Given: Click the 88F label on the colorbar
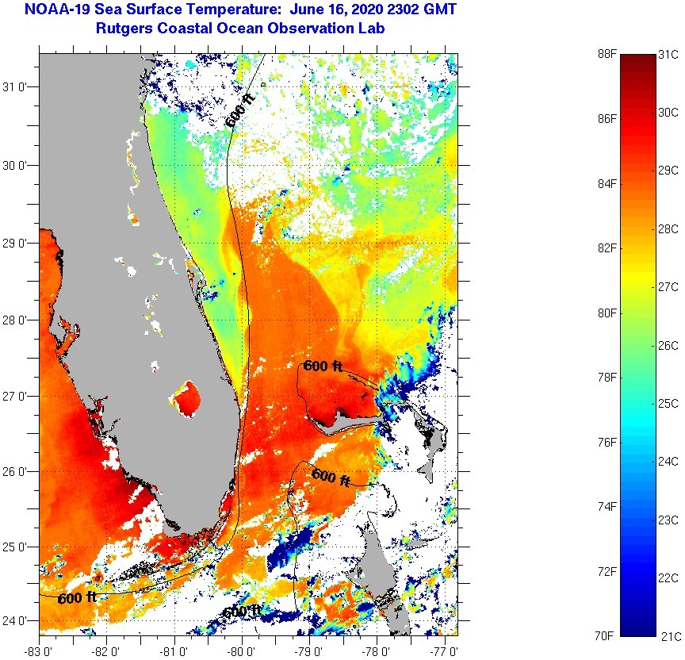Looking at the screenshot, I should tap(607, 54).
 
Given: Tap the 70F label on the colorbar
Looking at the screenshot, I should tap(607, 635).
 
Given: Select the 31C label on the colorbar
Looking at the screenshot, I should tap(668, 54).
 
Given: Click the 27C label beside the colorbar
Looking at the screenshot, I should tap(668, 286).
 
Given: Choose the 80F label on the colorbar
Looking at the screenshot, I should tap(607, 313).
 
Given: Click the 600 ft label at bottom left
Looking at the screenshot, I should tap(77, 597).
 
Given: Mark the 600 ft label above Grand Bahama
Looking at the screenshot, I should tap(323, 366).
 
